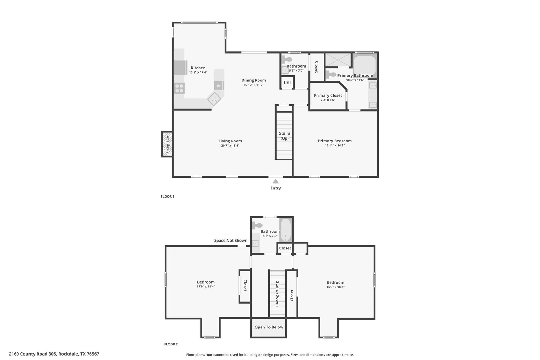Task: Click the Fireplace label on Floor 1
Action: pyautogui.click(x=167, y=145)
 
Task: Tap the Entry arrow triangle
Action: pyautogui.click(x=276, y=181)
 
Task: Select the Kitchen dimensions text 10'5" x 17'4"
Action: pyautogui.click(x=198, y=72)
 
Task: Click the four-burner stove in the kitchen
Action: pyautogui.click(x=179, y=88)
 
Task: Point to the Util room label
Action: pyautogui.click(x=287, y=83)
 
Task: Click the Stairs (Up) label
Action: pyautogui.click(x=285, y=136)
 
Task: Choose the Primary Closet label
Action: pyautogui.click(x=328, y=95)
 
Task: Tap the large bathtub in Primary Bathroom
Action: pyautogui.click(x=364, y=65)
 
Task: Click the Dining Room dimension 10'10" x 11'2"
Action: pyautogui.click(x=253, y=85)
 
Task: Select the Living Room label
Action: pyautogui.click(x=230, y=141)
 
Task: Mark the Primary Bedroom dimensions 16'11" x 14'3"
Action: pyautogui.click(x=335, y=145)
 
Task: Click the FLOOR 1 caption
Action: pyautogui.click(x=167, y=196)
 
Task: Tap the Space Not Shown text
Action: pyautogui.click(x=230, y=241)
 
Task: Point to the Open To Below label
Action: pyautogui.click(x=269, y=327)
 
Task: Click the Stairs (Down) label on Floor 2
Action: pyautogui.click(x=277, y=294)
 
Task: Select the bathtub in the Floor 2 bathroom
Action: pyautogui.click(x=286, y=229)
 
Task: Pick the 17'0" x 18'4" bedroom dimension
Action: pyautogui.click(x=206, y=286)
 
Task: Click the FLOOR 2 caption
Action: pyautogui.click(x=171, y=344)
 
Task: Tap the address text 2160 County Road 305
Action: pyautogui.click(x=33, y=354)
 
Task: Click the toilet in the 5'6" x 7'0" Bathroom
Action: pyautogui.click(x=286, y=59)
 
